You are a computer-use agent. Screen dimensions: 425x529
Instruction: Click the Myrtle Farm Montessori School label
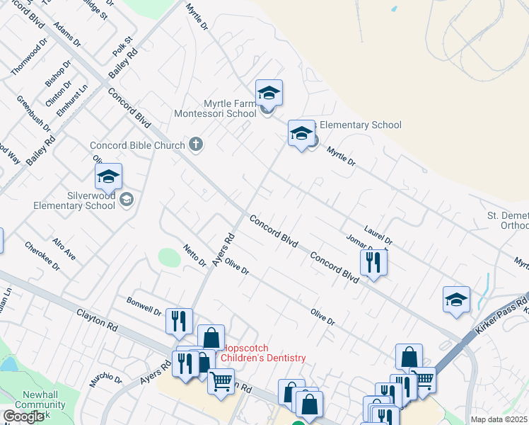click(x=220, y=108)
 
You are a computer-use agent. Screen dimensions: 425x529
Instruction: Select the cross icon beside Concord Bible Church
click(x=197, y=144)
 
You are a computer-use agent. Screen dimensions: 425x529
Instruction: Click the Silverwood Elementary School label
click(x=74, y=199)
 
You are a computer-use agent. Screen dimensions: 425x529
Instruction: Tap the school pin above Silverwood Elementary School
click(x=108, y=176)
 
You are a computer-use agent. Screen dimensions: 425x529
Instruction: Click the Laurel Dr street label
click(x=378, y=236)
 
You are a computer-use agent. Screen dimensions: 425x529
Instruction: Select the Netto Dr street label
click(x=194, y=254)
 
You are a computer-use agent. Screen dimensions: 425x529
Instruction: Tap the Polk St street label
click(x=122, y=47)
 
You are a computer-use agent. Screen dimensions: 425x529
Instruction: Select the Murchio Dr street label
click(x=105, y=382)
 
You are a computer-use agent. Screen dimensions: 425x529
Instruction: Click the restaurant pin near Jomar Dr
click(x=373, y=261)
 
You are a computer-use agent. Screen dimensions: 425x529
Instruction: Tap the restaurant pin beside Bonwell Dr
click(x=179, y=321)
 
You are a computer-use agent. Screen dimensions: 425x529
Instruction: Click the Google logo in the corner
click(x=24, y=416)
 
